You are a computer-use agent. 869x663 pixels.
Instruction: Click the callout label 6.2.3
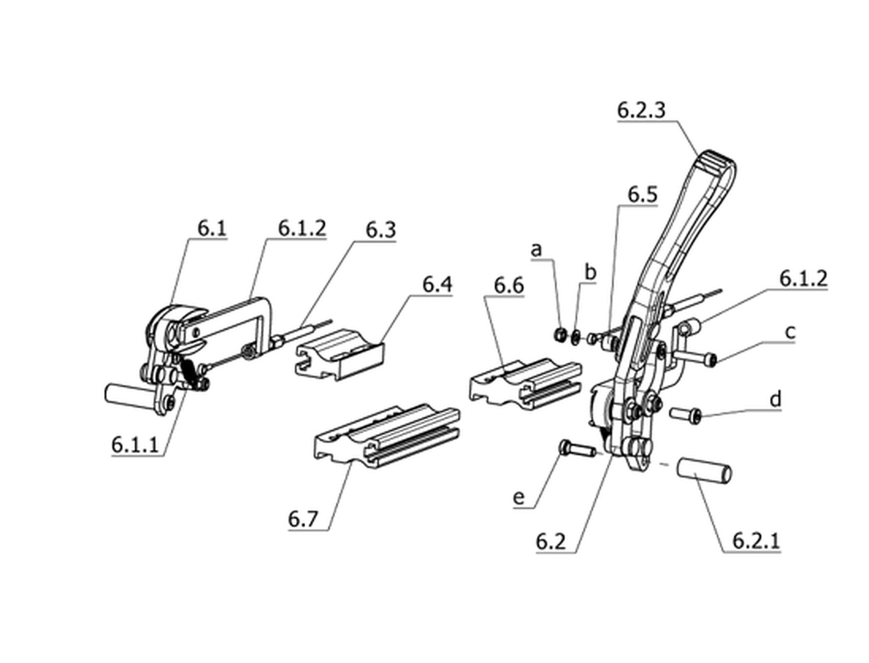(x=641, y=109)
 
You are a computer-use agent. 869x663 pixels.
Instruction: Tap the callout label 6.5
(x=642, y=194)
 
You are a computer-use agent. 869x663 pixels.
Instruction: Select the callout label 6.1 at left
(x=212, y=228)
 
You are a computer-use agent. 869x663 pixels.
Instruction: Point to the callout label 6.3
(x=381, y=229)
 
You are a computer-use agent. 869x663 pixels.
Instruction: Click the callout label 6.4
(x=437, y=285)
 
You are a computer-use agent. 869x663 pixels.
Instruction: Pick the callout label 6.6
(x=509, y=286)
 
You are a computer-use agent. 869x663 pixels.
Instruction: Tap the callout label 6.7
(x=303, y=519)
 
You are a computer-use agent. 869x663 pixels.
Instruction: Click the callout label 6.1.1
(x=135, y=445)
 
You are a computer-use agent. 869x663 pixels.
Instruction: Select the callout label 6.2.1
(x=756, y=541)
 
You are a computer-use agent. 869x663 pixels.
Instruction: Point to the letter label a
(x=536, y=250)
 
